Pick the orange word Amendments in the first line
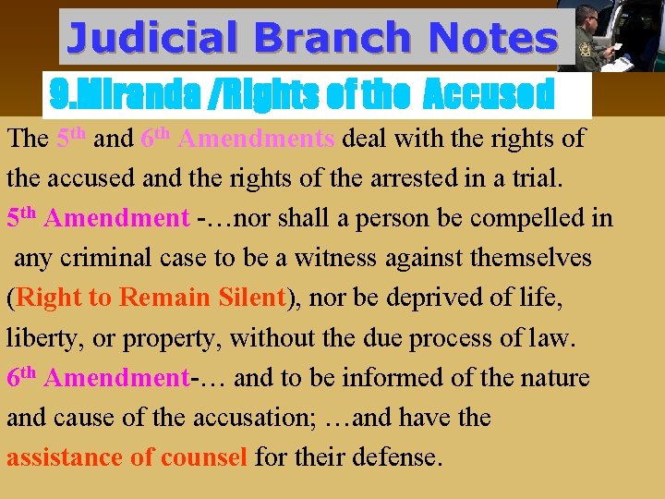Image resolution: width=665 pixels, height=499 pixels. tap(256, 140)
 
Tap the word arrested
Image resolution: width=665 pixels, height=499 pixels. tap(369, 179)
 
